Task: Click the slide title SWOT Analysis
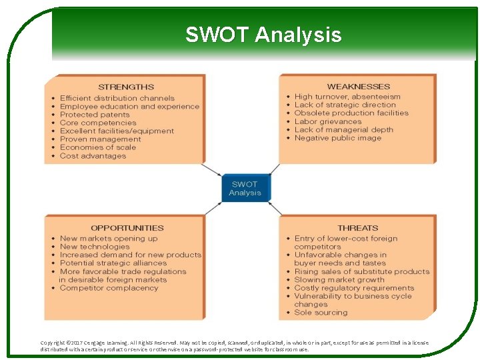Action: (x=263, y=35)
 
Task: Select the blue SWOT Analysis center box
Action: (x=245, y=189)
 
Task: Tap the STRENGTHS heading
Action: (x=126, y=87)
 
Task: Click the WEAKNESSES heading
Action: (x=358, y=87)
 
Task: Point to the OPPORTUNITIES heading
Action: (x=127, y=228)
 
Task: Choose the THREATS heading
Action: (x=357, y=228)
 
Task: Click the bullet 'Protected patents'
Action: (x=95, y=115)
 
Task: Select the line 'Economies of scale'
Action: (x=97, y=147)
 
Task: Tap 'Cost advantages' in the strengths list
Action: (x=93, y=156)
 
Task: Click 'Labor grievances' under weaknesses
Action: (x=327, y=121)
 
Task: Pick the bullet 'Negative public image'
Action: (x=337, y=138)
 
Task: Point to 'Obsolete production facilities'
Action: (x=351, y=113)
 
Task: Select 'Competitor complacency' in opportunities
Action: (x=109, y=288)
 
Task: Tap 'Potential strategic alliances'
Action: (x=113, y=263)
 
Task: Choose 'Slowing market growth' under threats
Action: (x=339, y=280)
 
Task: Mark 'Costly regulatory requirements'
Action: (x=354, y=288)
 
